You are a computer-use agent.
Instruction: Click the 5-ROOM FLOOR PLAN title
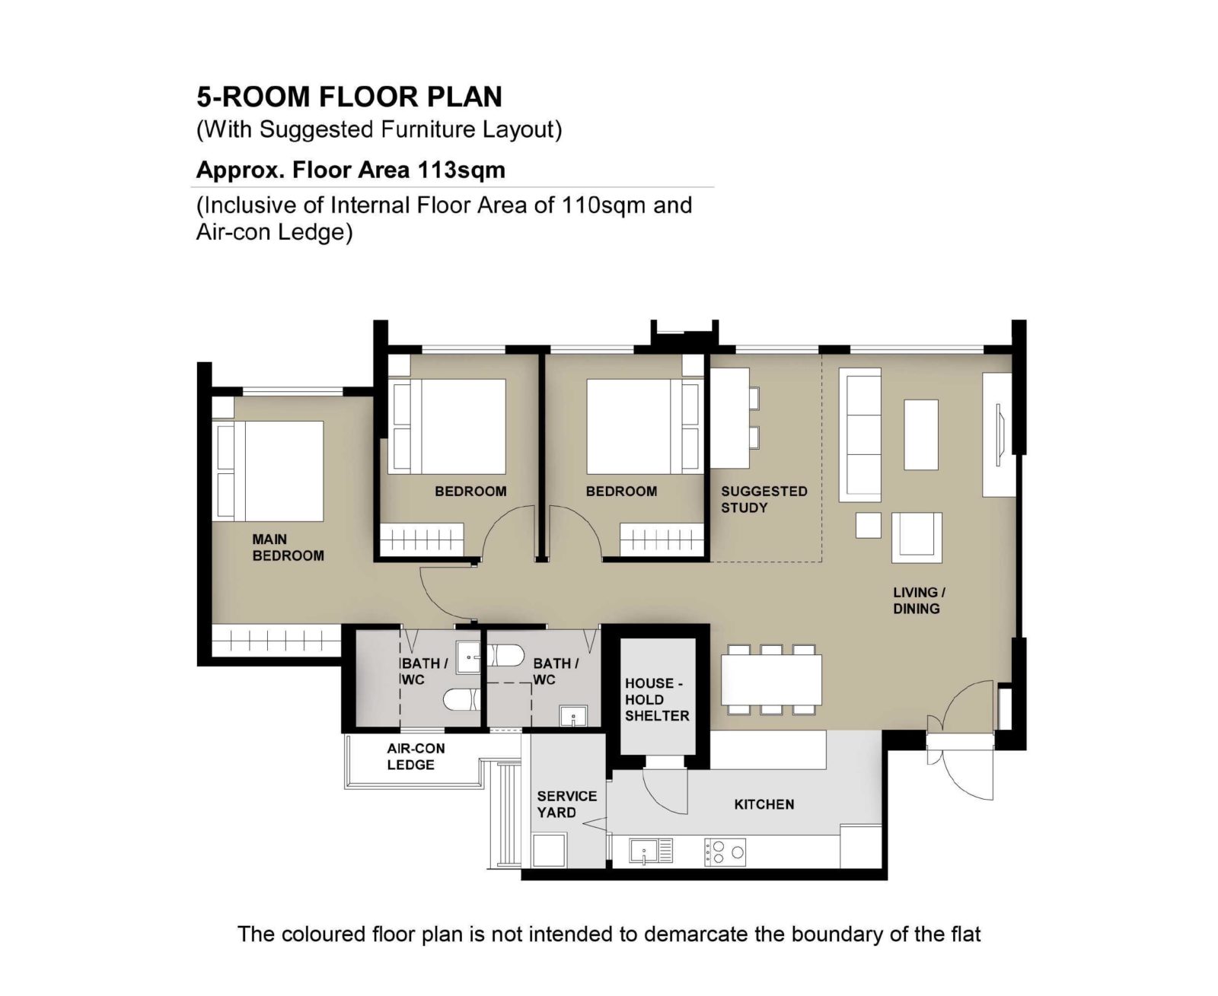tap(349, 97)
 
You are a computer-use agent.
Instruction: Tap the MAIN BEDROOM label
tap(288, 547)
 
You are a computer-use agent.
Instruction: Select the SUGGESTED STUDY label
tap(764, 499)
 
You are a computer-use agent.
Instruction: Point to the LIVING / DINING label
tap(919, 600)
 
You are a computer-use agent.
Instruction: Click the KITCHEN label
tap(764, 803)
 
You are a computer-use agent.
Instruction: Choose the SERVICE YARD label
tap(566, 803)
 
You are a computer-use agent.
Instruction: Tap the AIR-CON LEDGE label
tap(415, 756)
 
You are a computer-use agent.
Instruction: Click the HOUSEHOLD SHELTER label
tap(657, 699)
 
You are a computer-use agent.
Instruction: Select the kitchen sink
tap(651, 851)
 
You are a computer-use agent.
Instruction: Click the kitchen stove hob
tap(725, 851)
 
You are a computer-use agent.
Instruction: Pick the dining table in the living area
tap(771, 679)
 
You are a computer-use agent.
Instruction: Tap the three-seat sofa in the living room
tap(860, 434)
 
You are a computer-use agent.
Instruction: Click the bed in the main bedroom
tap(270, 470)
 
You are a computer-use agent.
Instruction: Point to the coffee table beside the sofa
tap(920, 434)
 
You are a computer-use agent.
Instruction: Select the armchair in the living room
tap(917, 537)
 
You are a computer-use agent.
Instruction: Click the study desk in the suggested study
tap(729, 418)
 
